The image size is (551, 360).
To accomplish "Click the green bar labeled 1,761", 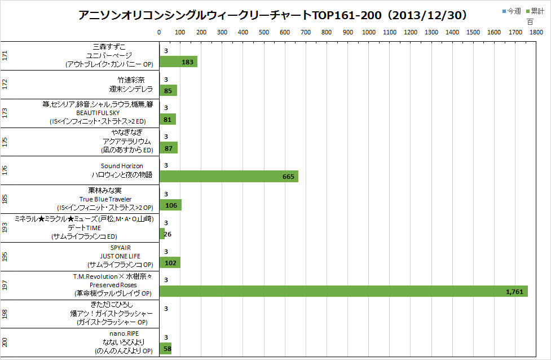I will pos(343,291).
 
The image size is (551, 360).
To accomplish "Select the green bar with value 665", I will pos(228,177).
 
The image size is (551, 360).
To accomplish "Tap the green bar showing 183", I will pos(178,62).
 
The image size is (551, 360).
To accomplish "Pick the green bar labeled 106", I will pos(170,205).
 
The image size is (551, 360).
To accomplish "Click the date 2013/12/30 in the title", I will pos(431,15).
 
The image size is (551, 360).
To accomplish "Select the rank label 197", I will pos(5,286).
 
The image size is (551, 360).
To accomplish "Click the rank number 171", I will pos(5,56).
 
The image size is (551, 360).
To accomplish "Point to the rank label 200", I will pos(5,343).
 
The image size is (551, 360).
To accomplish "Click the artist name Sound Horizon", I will pos(122,166).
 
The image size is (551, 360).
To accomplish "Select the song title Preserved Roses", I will pos(113,285).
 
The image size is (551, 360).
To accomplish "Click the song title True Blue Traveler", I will pos(105,199).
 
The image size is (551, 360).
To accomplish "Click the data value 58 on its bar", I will pos(167,349).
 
